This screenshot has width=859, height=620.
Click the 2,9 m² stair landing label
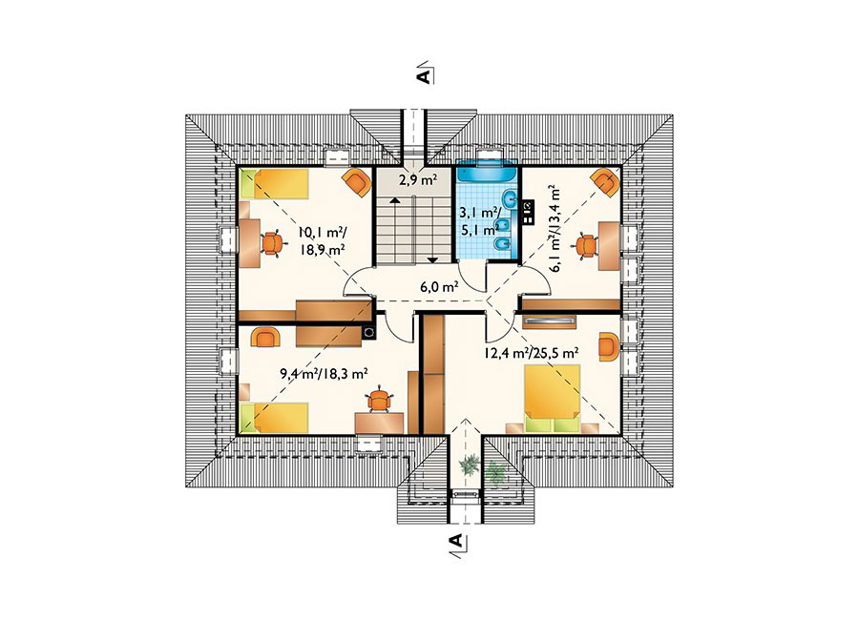pos(417,179)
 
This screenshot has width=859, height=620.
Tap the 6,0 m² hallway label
pos(439,287)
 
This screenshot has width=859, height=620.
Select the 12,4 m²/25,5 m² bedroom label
pos(532,353)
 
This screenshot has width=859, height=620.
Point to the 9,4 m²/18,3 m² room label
pos(324,374)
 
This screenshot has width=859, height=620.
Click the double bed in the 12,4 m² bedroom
pos(553,398)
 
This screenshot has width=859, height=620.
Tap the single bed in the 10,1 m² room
pos(275,183)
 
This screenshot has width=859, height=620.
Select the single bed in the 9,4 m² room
pos(275,418)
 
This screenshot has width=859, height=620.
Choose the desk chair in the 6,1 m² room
pos(587,245)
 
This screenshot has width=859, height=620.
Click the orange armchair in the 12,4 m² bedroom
pos(609,346)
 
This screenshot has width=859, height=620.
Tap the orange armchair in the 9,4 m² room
pos(265,337)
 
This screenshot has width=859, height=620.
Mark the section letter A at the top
pos(423,76)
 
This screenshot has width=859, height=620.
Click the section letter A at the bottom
pos(456,542)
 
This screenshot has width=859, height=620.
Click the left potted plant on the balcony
pos(469,465)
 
